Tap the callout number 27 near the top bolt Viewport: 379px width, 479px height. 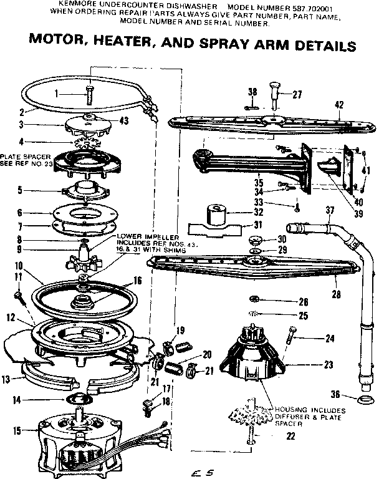[296, 95]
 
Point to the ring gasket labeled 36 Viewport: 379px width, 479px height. [365, 399]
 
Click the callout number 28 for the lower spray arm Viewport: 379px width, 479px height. [337, 294]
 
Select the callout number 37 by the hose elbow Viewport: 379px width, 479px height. [329, 211]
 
